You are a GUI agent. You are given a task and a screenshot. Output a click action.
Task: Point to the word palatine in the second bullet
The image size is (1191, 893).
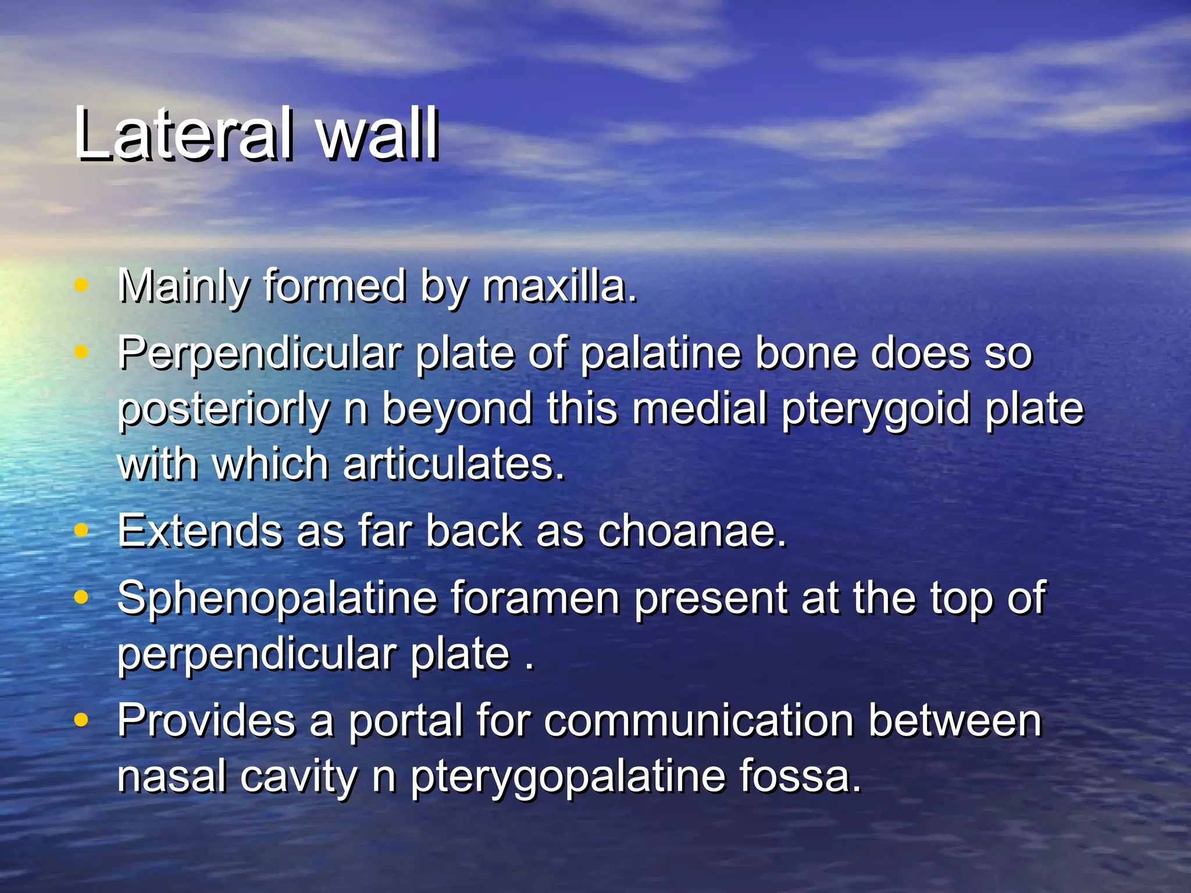point(661,353)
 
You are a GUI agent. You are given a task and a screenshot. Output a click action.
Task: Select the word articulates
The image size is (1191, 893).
point(454,464)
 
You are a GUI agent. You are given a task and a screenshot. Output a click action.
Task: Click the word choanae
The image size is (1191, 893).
point(692,531)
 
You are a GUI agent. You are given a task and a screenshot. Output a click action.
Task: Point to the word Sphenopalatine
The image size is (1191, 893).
point(277,598)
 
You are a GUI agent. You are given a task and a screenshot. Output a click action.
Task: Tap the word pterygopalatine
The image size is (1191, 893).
point(568,777)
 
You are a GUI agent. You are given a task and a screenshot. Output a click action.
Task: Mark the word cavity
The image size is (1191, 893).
point(299,777)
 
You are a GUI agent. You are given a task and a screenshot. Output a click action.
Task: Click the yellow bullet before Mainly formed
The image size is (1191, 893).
point(81,285)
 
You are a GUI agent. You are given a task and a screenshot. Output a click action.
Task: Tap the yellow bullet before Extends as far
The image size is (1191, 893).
point(81,530)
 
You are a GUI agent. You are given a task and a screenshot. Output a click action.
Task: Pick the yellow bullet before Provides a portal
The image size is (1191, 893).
point(81,720)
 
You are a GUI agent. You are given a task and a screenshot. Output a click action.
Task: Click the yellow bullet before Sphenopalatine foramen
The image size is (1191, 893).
point(81,597)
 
